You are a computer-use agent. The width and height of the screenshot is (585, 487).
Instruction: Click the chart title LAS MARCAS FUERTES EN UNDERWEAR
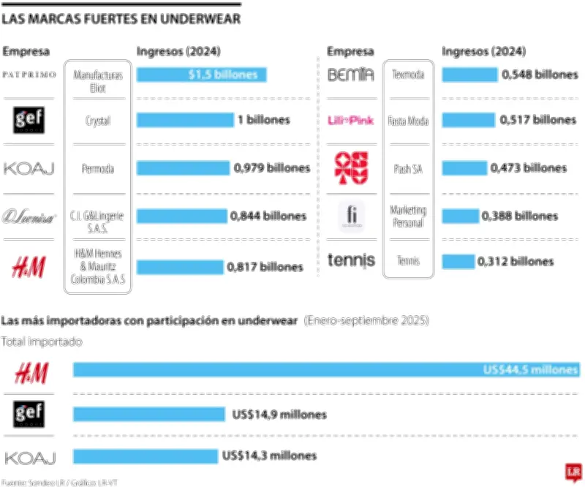point(121,17)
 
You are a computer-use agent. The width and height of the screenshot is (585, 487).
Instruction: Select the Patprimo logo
point(29,75)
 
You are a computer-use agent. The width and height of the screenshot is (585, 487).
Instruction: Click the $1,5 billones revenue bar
point(201,75)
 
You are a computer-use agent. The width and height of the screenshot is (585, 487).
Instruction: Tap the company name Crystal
point(99,121)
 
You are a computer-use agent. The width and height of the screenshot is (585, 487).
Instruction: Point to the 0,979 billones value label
point(271,168)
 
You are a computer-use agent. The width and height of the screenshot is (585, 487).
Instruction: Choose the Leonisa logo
point(29,216)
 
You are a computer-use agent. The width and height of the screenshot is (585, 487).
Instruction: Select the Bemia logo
point(351,75)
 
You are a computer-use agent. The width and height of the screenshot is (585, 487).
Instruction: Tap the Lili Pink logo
point(351,120)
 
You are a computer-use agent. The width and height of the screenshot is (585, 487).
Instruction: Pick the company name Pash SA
point(407,168)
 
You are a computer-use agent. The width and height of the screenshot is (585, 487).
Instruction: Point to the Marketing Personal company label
point(407,216)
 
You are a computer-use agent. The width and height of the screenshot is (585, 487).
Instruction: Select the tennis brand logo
point(351,260)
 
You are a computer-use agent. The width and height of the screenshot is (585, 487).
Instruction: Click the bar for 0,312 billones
point(458,261)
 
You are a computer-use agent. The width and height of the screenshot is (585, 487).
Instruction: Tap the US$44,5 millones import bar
point(326,371)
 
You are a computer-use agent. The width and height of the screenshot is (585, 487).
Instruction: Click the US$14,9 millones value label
point(279,415)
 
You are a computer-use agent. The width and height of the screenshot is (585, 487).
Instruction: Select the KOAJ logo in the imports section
point(29,458)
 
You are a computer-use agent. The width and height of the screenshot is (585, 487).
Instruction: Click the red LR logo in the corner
point(573,472)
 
